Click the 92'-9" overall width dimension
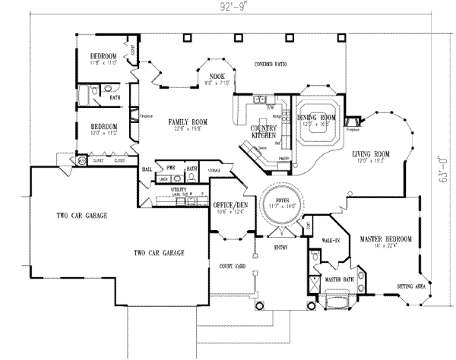click(x=226, y=7)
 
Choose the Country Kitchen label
click(x=262, y=131)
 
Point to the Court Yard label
click(x=230, y=267)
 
